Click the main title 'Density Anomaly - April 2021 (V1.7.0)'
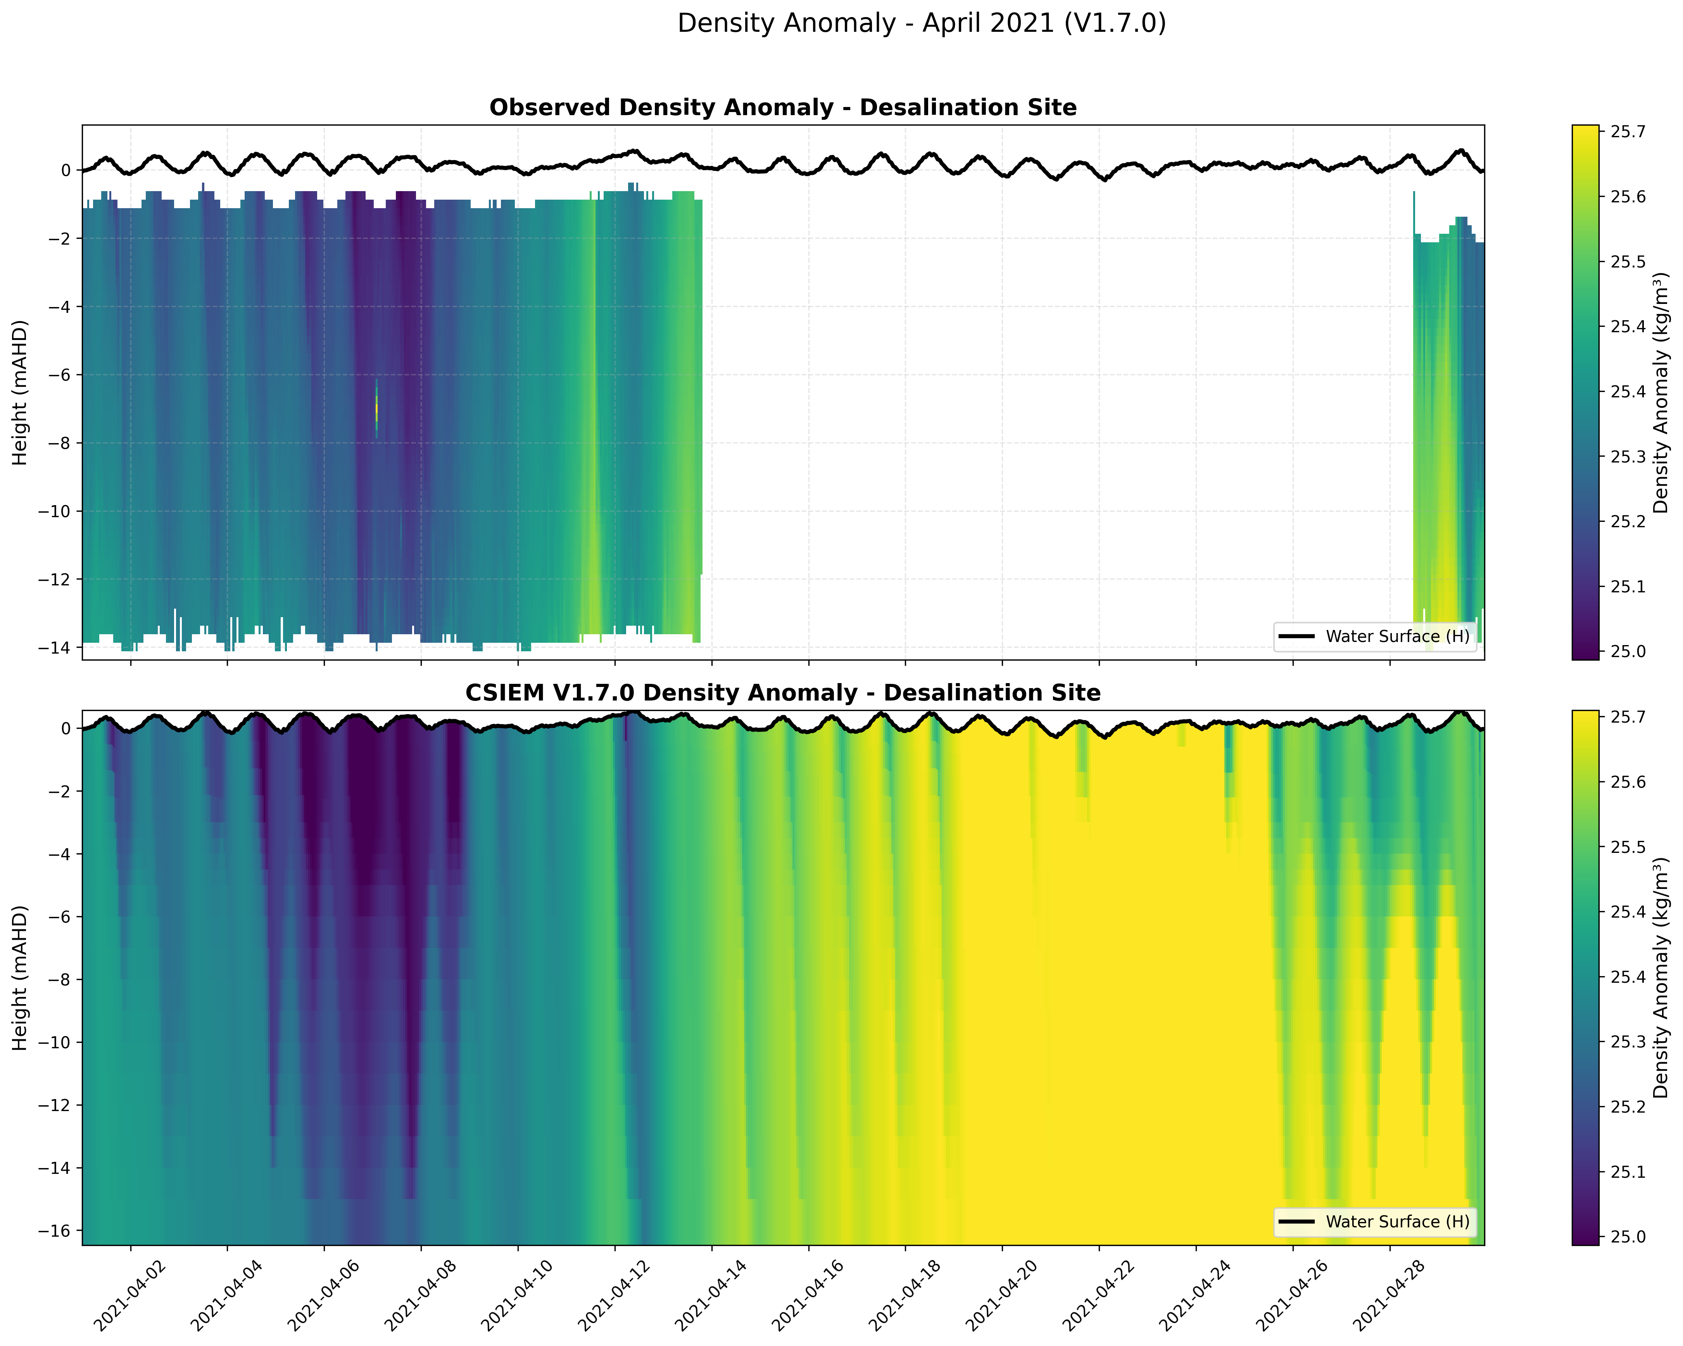[921, 23]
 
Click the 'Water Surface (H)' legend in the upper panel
[1376, 636]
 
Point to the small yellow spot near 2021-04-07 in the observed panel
[376, 407]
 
